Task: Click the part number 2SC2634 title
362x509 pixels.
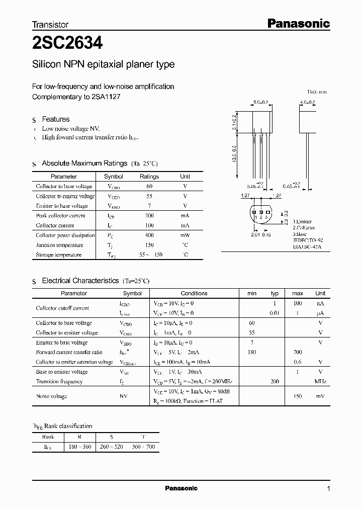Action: click(x=67, y=44)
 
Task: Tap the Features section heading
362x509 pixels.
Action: click(x=55, y=119)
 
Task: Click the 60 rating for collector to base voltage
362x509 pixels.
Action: click(x=149, y=186)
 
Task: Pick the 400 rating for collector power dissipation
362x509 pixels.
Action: click(x=149, y=235)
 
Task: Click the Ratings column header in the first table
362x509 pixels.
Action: click(x=149, y=177)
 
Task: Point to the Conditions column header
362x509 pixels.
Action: click(x=194, y=293)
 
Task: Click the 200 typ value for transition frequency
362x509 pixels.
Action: click(x=275, y=381)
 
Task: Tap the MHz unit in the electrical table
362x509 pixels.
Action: click(x=320, y=381)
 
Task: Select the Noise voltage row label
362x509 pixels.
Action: click(x=51, y=396)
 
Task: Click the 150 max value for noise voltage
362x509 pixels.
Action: click(x=297, y=396)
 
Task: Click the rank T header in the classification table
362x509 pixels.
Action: click(x=143, y=437)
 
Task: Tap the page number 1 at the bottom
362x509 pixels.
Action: click(x=328, y=489)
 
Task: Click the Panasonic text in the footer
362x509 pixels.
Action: click(x=181, y=488)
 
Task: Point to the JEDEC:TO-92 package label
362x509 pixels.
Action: click(x=308, y=240)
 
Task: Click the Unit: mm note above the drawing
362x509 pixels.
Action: click(x=317, y=92)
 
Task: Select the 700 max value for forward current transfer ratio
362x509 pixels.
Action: click(x=297, y=352)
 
